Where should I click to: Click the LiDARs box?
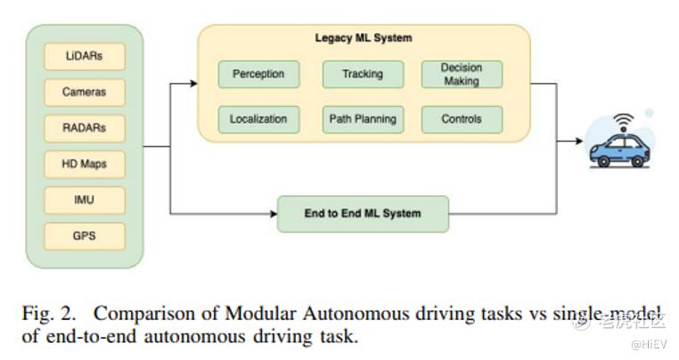85,56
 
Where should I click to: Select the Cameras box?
85,92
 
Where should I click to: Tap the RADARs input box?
85,128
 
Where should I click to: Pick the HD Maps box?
85,164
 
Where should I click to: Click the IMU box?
85,200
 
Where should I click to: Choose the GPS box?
85,236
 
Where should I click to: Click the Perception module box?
258,74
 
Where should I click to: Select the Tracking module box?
363,74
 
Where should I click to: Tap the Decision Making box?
461,74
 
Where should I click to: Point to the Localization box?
258,119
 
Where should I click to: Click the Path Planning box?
363,119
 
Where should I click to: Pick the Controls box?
461,119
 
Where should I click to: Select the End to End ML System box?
362,214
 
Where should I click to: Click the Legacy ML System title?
363,38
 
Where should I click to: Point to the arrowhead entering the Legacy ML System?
192,84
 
